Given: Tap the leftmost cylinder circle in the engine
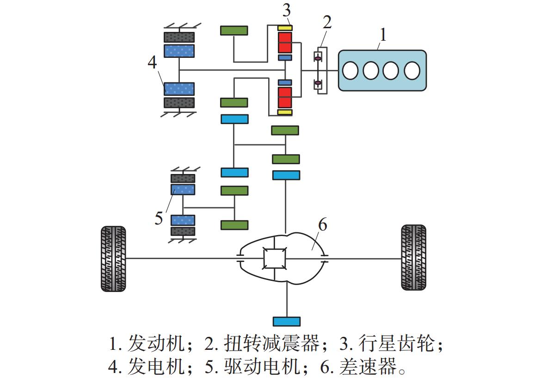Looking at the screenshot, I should [351, 70].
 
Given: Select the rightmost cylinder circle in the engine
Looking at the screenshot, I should [411, 70].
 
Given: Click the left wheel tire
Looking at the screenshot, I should [113, 258].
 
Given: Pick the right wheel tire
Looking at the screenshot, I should [413, 257].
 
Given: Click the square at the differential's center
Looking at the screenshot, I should [275, 258].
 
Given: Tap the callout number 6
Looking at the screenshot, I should [322, 225].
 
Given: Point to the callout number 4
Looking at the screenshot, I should [153, 62].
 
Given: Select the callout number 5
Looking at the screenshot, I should [159, 218].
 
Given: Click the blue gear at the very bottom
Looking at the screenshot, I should [287, 321].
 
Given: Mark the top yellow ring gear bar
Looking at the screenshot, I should [285, 28].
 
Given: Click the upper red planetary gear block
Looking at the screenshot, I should [285, 42].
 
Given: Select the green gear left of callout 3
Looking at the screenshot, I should [234, 31].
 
